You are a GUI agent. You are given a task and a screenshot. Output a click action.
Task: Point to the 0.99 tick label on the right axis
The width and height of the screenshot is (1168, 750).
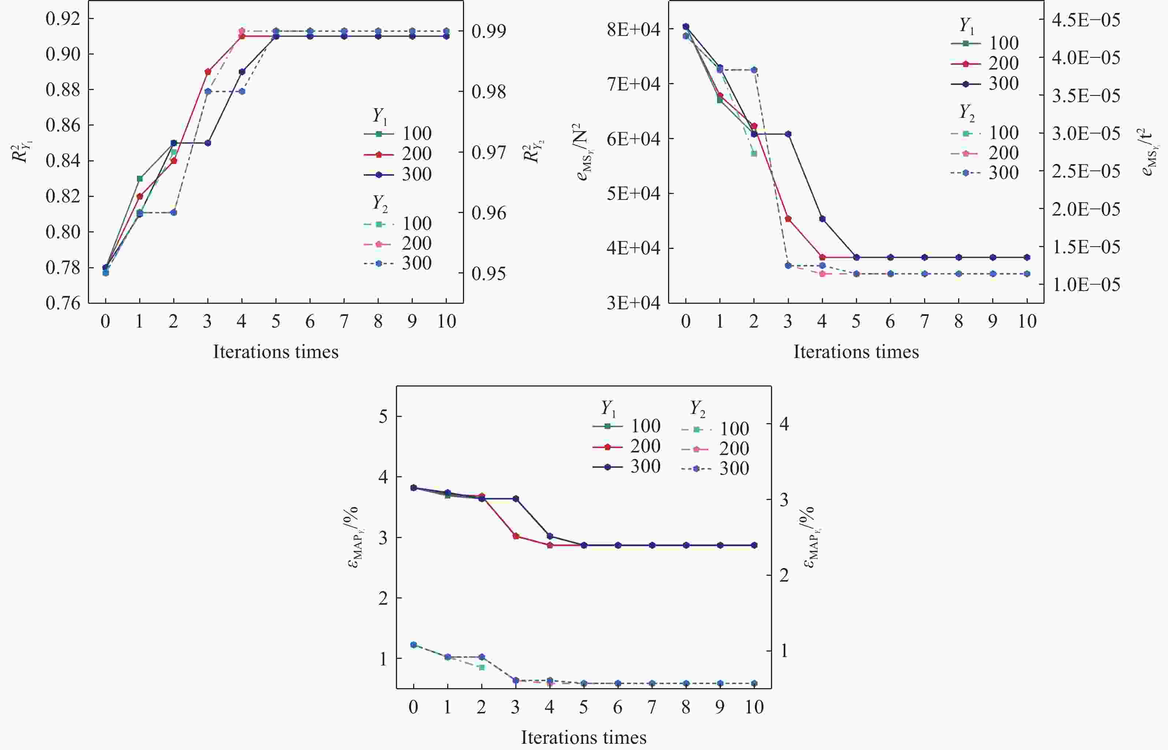pyautogui.click(x=489, y=31)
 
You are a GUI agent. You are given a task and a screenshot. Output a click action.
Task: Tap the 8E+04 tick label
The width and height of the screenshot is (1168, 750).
pyautogui.click(x=633, y=29)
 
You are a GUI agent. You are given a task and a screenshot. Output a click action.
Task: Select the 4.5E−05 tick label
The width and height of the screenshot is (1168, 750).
pyautogui.click(x=1086, y=20)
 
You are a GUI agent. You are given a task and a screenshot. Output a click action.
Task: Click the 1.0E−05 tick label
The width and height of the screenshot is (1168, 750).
pyautogui.click(x=1086, y=284)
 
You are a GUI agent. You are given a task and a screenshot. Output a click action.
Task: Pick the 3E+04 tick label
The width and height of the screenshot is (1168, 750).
pyautogui.click(x=633, y=303)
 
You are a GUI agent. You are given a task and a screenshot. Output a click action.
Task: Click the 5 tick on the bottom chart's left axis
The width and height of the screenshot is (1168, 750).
pyautogui.click(x=383, y=417)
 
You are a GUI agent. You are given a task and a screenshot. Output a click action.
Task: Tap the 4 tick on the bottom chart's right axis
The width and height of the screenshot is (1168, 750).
pyautogui.click(x=784, y=424)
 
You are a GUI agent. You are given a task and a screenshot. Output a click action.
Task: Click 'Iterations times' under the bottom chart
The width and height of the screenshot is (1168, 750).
pyautogui.click(x=583, y=737)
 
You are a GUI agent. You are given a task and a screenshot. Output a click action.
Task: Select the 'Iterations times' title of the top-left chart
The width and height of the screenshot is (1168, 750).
pyautogui.click(x=275, y=352)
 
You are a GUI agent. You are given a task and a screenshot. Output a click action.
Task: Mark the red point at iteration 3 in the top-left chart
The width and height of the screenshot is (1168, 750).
pyautogui.click(x=208, y=72)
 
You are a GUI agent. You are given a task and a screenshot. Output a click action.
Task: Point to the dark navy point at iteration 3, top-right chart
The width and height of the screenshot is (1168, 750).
pyautogui.click(x=788, y=134)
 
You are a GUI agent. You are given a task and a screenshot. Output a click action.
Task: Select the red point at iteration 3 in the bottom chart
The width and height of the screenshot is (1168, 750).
pyautogui.click(x=516, y=536)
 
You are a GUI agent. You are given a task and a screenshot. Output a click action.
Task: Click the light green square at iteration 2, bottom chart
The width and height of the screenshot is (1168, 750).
pyautogui.click(x=481, y=667)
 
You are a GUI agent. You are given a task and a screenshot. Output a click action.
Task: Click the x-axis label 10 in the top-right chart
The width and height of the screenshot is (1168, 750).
pyautogui.click(x=1027, y=321)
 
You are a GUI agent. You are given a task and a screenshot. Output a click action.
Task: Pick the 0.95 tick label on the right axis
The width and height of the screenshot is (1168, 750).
pyautogui.click(x=489, y=274)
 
